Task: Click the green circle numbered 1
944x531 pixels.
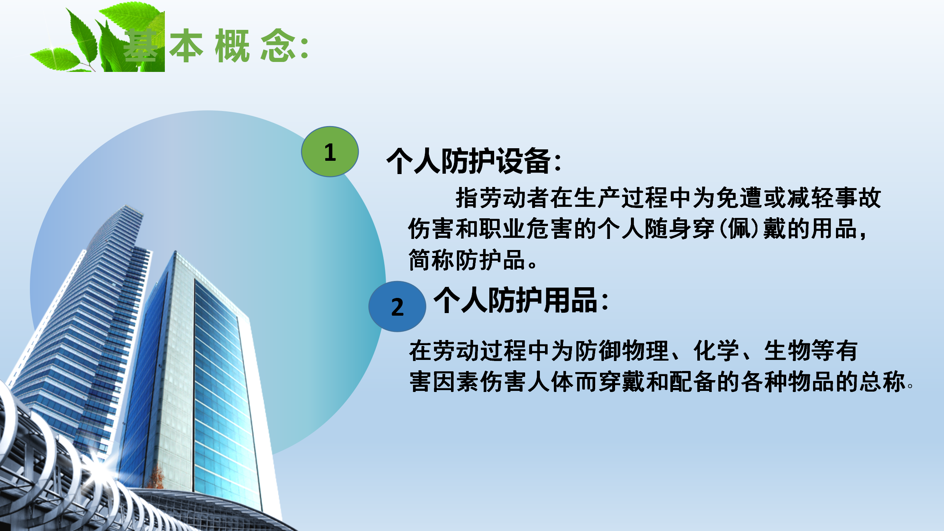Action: click(x=330, y=152)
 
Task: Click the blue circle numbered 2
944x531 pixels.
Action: click(x=397, y=306)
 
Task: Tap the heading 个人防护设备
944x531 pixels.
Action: click(x=469, y=161)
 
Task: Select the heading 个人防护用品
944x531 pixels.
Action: click(x=516, y=300)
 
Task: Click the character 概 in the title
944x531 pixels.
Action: click(x=233, y=45)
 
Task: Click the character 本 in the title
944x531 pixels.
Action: click(x=186, y=45)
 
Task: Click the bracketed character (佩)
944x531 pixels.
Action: click(x=739, y=229)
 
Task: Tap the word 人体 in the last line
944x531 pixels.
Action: click(x=551, y=382)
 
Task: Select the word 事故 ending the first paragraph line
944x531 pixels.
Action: click(x=858, y=198)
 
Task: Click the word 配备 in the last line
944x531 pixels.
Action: click(x=692, y=382)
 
